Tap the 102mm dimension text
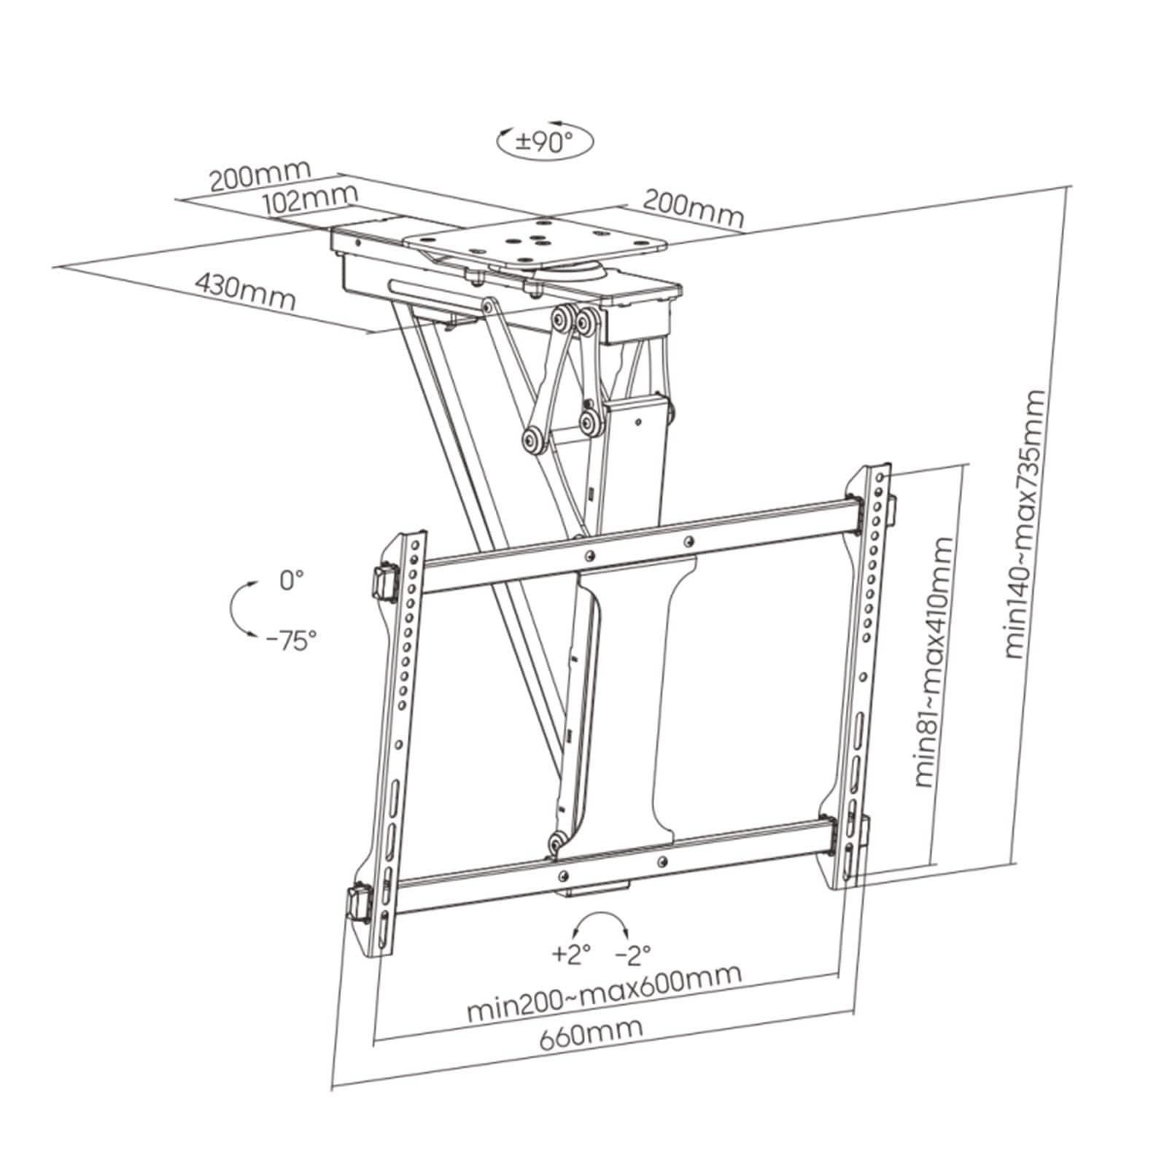[311, 199]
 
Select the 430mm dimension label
[245, 292]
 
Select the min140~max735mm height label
[1026, 525]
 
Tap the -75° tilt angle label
[291, 641]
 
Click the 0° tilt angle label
[290, 581]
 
